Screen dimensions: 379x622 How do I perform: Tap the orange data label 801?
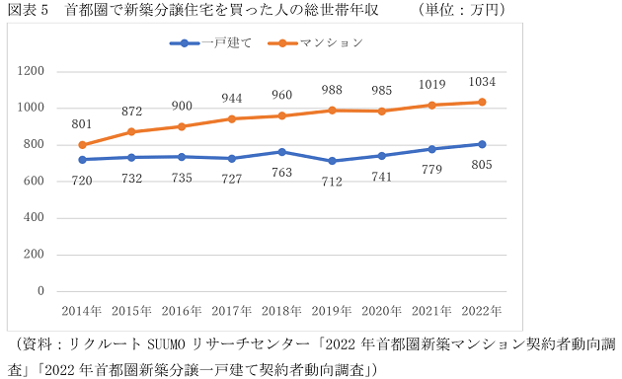pyautogui.click(x=81, y=123)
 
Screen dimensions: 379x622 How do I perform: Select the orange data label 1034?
pyautogui.click(x=481, y=81)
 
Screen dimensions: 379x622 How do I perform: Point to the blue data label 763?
pyautogui.click(x=281, y=172)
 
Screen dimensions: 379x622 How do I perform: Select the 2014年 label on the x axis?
pyautogui.click(x=81, y=310)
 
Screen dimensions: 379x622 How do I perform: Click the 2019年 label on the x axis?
pyautogui.click(x=331, y=310)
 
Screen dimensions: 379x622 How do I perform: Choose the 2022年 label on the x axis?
pyautogui.click(x=481, y=310)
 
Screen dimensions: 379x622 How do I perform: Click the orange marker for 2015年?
pyautogui.click(x=131, y=131)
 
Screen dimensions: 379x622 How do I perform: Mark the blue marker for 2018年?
pyautogui.click(x=281, y=152)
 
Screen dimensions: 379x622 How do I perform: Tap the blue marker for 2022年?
pyautogui.click(x=481, y=144)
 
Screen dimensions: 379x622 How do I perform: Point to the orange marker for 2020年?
pyautogui.click(x=381, y=112)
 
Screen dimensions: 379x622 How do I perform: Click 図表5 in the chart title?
pyautogui.click(x=27, y=9)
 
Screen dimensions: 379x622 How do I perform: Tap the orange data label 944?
pyautogui.click(x=231, y=99)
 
